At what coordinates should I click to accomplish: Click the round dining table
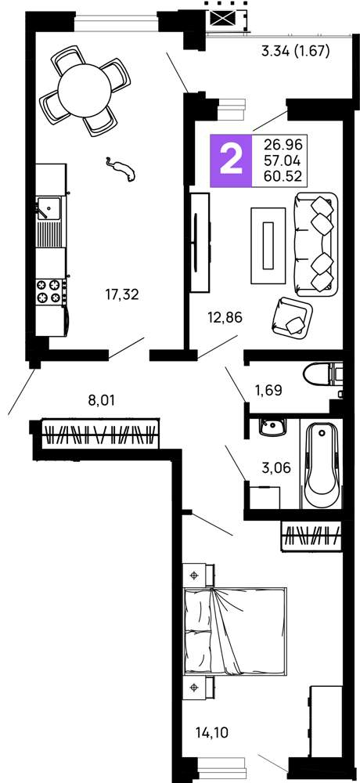pos(85,91)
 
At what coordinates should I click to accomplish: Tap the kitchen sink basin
pos(49,208)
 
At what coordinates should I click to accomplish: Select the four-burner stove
pos(50,291)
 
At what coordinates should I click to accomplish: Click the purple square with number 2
pos(231,161)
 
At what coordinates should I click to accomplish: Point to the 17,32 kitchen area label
pos(122,295)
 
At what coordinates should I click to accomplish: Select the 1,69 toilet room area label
pos(268,390)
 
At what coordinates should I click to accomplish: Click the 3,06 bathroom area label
pos(276,468)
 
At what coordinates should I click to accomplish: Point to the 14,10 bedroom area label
pos(212,733)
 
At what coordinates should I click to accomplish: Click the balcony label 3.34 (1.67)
pos(296,51)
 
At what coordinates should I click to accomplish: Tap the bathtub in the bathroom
pos(322,465)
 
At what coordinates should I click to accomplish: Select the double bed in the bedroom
pos(235,631)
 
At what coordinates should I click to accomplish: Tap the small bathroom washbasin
pos(272,428)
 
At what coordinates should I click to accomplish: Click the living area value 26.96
pos(283,145)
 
